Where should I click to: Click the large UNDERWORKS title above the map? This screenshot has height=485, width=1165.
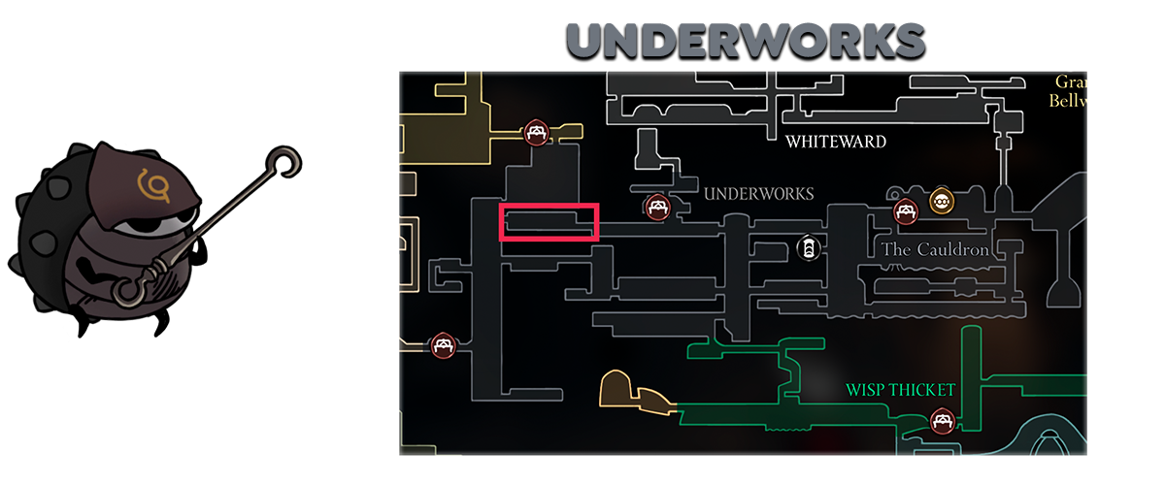(745, 41)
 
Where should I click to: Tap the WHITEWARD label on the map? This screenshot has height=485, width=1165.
(836, 142)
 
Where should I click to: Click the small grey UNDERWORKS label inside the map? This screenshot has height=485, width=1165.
(758, 194)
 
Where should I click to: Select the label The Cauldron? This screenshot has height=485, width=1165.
(935, 250)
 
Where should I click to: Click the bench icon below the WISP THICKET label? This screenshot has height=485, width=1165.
(941, 420)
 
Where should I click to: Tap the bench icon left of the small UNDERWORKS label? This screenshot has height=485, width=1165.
(657, 207)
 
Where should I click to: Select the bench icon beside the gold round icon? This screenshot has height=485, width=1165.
(906, 210)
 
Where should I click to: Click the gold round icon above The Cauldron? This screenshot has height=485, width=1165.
(940, 202)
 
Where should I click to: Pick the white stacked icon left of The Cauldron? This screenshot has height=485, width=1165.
(807, 249)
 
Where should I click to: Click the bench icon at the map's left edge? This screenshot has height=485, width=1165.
(444, 345)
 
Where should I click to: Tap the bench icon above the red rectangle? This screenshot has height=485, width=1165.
(534, 133)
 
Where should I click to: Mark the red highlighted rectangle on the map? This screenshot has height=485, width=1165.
(548, 222)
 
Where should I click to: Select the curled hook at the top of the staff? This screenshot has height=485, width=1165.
(283, 160)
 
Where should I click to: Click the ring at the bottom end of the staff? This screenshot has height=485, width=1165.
(126, 290)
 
